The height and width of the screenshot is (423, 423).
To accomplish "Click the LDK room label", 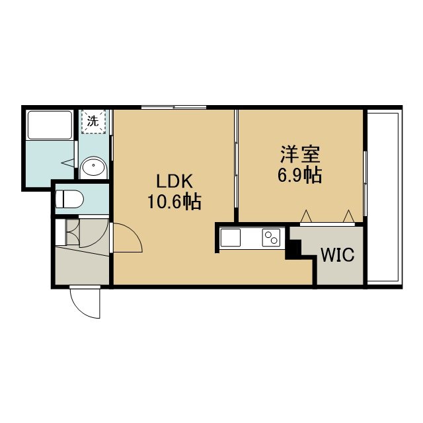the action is coord(174,181).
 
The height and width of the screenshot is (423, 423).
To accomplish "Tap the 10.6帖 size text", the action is coord(174,202).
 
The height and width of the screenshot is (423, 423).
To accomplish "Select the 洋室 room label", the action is coord(300,154).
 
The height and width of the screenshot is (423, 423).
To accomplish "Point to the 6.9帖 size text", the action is coord(299,175).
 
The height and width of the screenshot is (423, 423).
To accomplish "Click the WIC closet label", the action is coord(337,254).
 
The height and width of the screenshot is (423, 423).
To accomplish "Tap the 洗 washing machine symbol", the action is coord(93,122).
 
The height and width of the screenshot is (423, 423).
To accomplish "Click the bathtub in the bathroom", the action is coord(50,125).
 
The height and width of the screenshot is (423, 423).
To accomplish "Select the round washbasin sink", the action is coord(93,167).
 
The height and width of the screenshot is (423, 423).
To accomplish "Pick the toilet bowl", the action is coord(69,200).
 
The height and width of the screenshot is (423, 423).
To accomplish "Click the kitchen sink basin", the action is coord(231,238).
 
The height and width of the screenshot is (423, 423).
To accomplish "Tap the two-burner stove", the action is coord(271,238).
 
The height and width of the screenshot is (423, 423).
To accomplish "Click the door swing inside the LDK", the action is coord(127,237).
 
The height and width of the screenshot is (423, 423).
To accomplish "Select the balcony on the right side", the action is coord(383,198).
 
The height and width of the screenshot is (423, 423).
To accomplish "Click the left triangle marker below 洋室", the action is coord(306,216).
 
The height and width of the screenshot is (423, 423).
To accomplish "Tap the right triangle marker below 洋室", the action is coord(348,216).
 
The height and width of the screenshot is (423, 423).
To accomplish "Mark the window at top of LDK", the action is coord(174,107).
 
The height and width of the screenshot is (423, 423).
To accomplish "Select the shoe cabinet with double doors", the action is coord(72,233).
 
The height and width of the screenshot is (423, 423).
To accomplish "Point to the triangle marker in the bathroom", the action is coord(67,163).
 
